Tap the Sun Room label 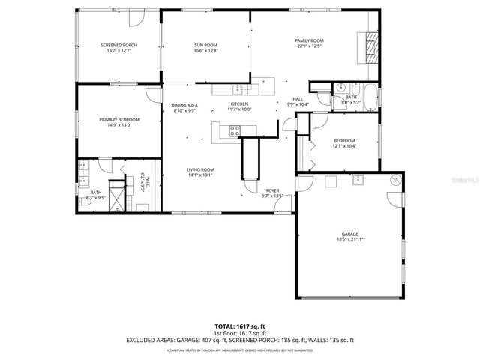205,46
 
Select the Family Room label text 308,40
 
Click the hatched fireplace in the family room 372,47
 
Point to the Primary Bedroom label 119,119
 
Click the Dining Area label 184,105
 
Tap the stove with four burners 233,130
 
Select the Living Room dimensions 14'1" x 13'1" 200,175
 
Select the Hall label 298,98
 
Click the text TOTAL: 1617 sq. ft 239,326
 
